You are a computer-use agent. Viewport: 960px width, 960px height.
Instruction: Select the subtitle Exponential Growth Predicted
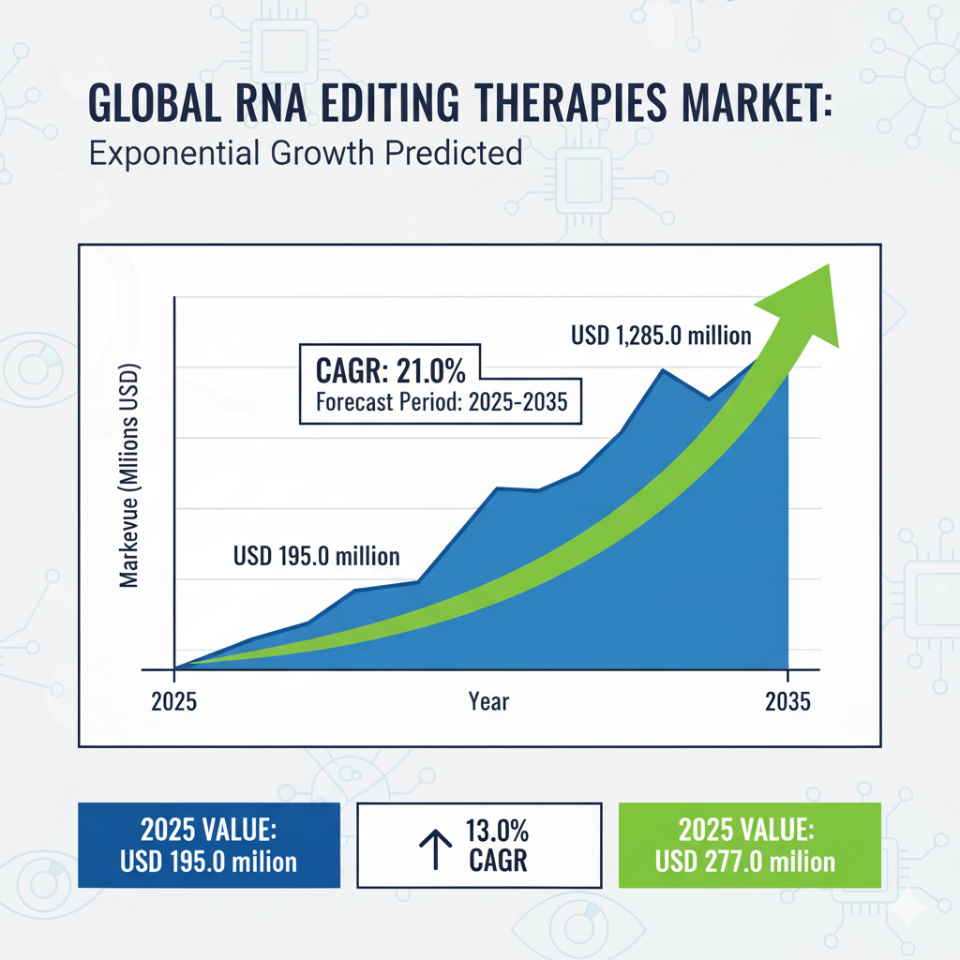(x=306, y=152)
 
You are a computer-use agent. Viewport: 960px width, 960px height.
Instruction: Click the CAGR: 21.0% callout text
(x=383, y=370)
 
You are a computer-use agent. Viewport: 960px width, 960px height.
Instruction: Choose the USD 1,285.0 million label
(x=661, y=334)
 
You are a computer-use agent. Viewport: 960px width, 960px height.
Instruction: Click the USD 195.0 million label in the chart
(x=316, y=555)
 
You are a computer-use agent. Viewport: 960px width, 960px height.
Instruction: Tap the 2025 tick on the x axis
(x=173, y=702)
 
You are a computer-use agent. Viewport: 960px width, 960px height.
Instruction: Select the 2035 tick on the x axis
(x=787, y=702)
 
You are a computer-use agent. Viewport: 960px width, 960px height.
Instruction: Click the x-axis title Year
(x=488, y=701)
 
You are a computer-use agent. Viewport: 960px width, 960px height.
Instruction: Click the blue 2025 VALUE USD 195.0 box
(x=209, y=846)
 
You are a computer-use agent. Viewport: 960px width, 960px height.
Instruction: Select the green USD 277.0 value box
(x=749, y=846)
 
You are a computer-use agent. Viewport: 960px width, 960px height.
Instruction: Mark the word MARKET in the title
(x=751, y=103)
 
